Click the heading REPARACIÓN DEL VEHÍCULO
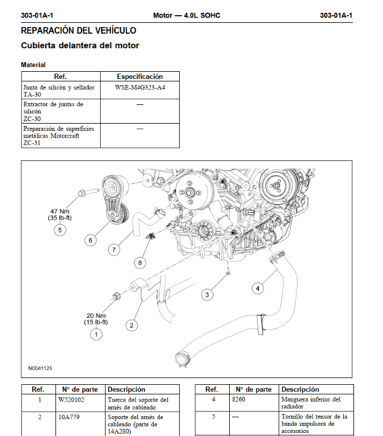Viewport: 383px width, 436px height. click(78, 31)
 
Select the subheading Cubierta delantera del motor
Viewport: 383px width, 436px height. click(80, 46)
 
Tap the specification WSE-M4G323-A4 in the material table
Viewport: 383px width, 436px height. click(139, 88)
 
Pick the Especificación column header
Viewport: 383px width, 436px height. click(139, 76)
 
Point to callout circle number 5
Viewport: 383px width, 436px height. click(60, 230)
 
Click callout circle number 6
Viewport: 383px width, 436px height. click(90, 240)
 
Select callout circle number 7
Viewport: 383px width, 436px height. click(113, 249)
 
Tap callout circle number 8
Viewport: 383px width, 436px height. click(139, 262)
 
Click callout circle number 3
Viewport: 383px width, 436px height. click(207, 294)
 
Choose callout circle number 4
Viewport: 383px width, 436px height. click(257, 288)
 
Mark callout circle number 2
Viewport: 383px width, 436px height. click(132, 325)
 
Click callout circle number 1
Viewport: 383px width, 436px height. click(96, 334)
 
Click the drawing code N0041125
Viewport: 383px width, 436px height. click(41, 368)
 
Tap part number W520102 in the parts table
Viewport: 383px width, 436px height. click(71, 400)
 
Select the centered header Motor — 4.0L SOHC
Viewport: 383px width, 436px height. click(188, 15)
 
